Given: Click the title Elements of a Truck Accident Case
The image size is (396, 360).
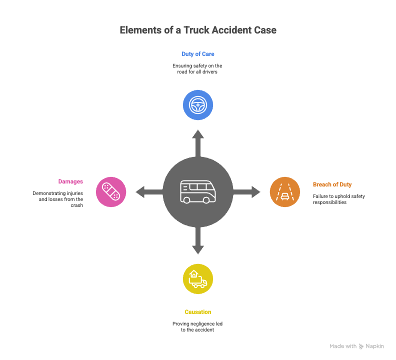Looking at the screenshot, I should [x=198, y=30].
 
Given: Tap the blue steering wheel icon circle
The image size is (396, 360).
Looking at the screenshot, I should [x=198, y=105].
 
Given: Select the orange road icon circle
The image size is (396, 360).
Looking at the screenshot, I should [x=285, y=191].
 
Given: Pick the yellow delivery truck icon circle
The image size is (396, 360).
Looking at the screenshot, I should [x=198, y=279].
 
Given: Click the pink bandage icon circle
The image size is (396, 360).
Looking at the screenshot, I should [x=110, y=191].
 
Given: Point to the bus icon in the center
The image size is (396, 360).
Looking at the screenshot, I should [x=198, y=191].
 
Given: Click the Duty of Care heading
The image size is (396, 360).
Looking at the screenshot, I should [x=198, y=53].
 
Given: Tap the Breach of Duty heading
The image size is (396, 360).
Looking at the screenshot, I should [x=332, y=184].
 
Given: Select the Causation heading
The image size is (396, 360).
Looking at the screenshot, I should [x=198, y=312].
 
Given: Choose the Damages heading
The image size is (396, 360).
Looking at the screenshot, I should [x=70, y=181].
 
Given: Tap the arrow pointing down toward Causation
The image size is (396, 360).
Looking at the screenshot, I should [x=198, y=242].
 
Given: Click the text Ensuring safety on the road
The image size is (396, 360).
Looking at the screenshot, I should [x=198, y=69].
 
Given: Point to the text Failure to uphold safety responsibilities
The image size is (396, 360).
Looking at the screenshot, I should [x=338, y=199].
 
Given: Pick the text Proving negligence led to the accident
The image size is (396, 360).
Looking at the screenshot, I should [x=198, y=327].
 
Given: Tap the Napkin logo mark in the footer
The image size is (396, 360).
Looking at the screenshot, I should [x=361, y=346].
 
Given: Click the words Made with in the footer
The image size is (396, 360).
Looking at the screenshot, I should [x=343, y=346].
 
